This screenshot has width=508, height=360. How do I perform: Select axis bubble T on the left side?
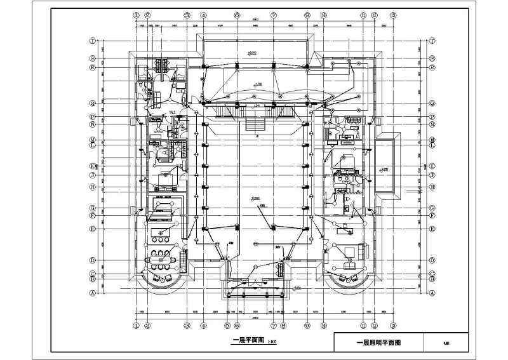pyautogui.click(x=93, y=40)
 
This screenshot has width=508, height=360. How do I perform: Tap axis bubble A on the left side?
pyautogui.click(x=93, y=293)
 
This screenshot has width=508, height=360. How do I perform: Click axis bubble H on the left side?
pyautogui.click(x=93, y=187)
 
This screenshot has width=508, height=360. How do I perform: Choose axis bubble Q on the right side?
pyautogui.click(x=432, y=103)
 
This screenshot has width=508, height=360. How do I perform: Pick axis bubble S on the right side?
pyautogui.click(x=432, y=57)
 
